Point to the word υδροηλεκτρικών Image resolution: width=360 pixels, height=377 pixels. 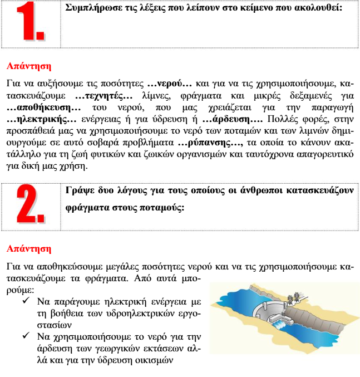pos(119,314)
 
